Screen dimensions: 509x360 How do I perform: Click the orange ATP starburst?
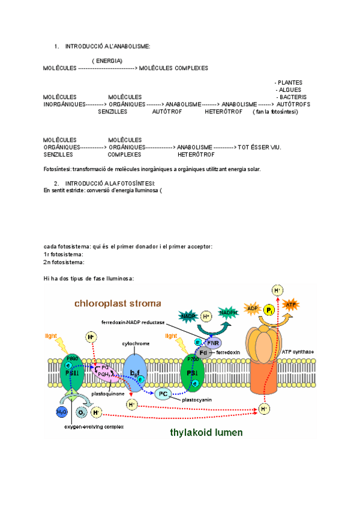[x=290, y=305]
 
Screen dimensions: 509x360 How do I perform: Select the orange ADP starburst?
[x=252, y=309]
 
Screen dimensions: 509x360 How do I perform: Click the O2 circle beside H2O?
[x=81, y=412]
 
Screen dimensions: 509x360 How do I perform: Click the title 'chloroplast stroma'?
[x=118, y=303]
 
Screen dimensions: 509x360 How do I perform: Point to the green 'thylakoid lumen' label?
[x=206, y=432]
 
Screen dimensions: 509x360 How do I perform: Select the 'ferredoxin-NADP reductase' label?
[x=133, y=322]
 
